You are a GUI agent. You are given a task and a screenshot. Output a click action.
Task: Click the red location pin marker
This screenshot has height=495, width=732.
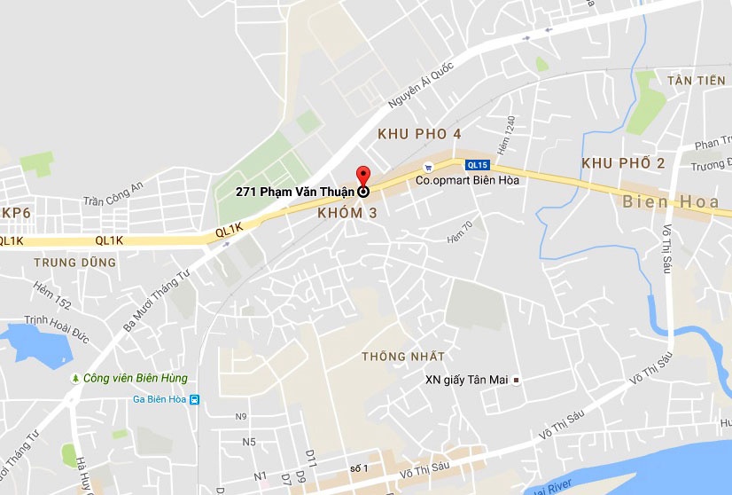click(x=362, y=177)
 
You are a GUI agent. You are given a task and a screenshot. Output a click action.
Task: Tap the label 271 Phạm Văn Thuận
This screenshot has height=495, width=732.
click(x=295, y=191)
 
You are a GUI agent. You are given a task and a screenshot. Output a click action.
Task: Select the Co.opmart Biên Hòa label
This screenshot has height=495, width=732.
click(x=468, y=179)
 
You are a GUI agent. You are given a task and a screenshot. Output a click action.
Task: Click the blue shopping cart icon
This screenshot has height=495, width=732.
click(x=428, y=166)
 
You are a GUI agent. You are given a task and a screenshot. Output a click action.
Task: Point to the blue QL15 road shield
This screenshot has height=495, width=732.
click(x=477, y=164)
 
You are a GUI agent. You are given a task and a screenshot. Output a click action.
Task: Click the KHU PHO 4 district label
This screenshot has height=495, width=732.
click(x=419, y=134)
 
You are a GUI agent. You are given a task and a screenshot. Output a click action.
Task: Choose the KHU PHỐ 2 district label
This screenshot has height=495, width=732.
click(x=623, y=163)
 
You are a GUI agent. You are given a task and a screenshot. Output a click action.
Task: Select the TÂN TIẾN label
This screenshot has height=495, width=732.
click(x=696, y=81)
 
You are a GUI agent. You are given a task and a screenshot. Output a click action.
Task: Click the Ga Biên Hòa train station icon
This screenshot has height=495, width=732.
click(x=195, y=399)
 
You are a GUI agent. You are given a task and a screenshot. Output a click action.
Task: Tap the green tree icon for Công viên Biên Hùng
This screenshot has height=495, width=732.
click(x=76, y=378)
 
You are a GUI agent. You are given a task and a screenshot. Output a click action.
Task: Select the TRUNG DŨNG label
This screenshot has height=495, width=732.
click(x=74, y=263)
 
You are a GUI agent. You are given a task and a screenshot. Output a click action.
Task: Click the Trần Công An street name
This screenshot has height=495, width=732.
click(x=113, y=193)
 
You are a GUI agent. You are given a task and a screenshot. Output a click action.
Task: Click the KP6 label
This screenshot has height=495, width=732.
click(x=16, y=214)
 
